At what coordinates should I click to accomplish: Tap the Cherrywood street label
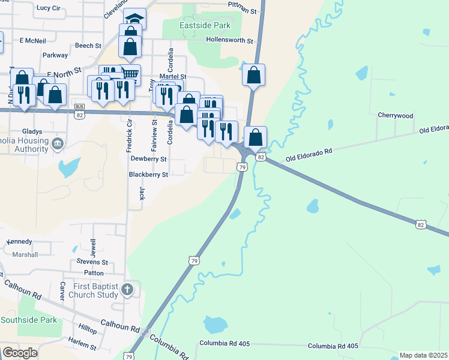(396, 115)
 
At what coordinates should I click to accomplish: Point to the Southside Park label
(29, 320)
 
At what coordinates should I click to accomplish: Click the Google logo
(20, 353)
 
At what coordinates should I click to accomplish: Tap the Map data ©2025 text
(424, 355)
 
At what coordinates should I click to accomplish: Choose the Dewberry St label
(148, 159)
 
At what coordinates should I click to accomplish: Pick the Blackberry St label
(148, 175)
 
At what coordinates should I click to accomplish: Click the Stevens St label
(92, 262)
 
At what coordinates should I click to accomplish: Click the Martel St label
(173, 77)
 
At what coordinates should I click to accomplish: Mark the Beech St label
(88, 46)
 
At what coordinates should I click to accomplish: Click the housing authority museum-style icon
(58, 143)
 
